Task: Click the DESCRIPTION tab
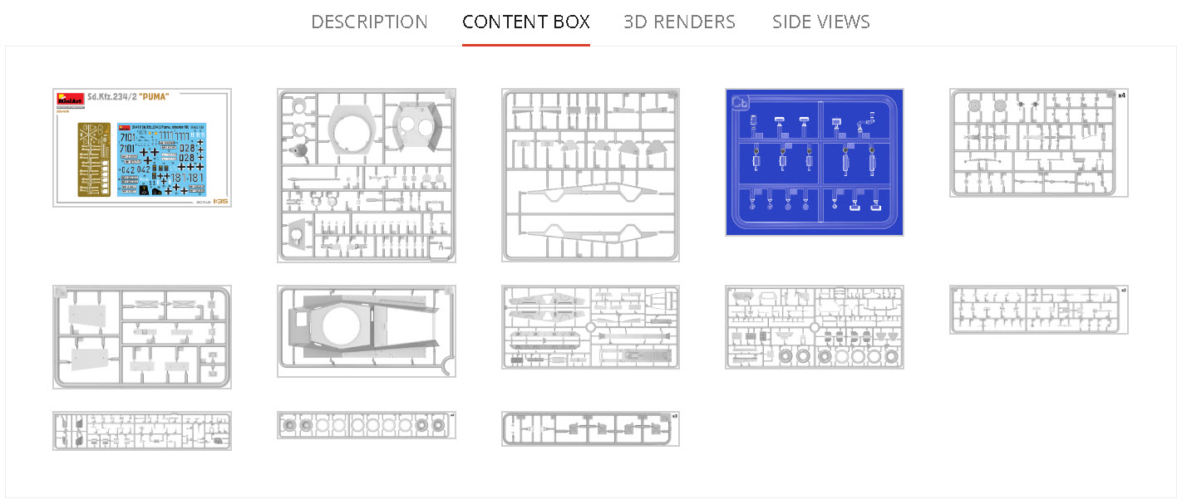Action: [x=369, y=22]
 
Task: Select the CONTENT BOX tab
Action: [x=526, y=22]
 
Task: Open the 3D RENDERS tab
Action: [x=679, y=22]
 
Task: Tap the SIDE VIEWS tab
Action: [x=820, y=22]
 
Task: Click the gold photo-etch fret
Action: [x=96, y=159]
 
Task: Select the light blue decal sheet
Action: [x=161, y=159]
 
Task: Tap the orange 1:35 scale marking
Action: [x=220, y=201]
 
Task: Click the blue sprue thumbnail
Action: [x=814, y=163]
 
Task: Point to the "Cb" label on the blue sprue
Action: [x=738, y=102]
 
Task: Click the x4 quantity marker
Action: [x=1120, y=95]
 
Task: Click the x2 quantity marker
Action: [x=1123, y=291]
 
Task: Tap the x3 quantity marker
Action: [x=674, y=416]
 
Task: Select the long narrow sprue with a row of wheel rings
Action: [x=366, y=426]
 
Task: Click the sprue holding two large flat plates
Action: [x=141, y=337]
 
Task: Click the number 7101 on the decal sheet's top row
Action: [x=128, y=137]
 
